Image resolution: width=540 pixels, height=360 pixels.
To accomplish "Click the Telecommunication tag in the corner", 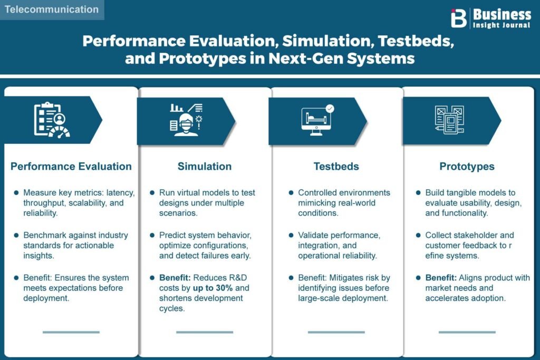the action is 52,9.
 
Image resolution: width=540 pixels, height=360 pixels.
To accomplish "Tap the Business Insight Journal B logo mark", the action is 458,18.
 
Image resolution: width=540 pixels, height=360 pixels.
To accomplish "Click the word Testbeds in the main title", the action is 416,41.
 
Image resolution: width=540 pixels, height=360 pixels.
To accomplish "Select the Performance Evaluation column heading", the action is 71,166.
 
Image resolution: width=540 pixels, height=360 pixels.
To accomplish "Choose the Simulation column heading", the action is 205,166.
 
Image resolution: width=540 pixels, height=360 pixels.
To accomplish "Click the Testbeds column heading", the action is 336,166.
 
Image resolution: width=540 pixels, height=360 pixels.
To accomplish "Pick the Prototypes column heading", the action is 467,167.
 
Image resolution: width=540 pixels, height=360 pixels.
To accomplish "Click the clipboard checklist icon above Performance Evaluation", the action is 52,120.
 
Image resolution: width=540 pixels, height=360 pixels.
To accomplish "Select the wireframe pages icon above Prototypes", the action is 449,120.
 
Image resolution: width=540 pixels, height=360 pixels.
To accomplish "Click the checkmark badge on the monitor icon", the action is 330,109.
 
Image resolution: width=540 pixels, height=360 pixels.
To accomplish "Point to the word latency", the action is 120,193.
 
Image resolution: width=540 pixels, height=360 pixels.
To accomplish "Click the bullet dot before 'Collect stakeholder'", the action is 418,235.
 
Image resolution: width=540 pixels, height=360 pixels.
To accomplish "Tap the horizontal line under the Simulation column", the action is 205,332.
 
